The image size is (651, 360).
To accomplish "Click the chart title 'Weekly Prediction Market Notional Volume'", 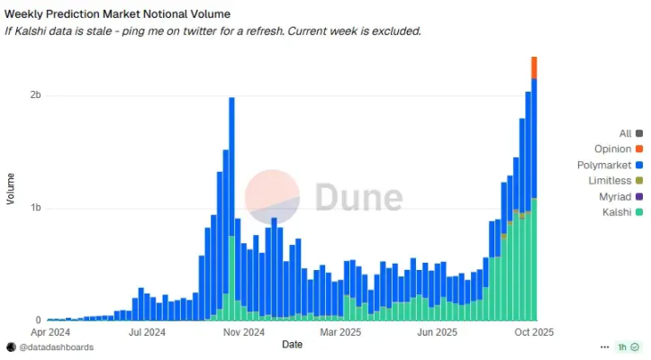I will tap(117, 14).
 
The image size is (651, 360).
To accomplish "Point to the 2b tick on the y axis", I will tap(35, 95).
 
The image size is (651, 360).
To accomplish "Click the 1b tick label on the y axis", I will tap(35, 208).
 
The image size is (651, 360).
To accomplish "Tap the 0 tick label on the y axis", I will tap(38, 320).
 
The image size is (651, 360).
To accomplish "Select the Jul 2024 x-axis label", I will tap(147, 332).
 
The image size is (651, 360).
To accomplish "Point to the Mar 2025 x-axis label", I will tap(339, 332).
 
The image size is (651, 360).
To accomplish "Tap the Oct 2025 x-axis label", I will tap(533, 332).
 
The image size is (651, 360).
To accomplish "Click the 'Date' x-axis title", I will tap(292, 345).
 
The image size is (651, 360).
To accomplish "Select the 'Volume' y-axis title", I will tap(11, 188).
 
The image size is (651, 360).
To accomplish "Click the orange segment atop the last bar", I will tap(534, 67).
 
